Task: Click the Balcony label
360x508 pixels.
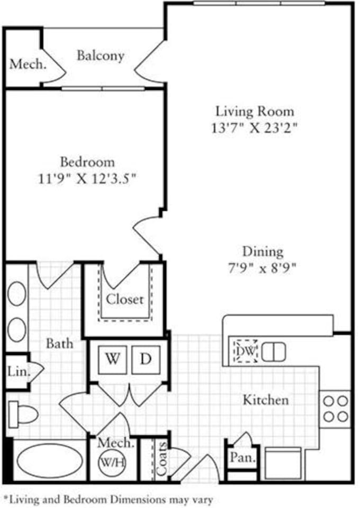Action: click(x=101, y=56)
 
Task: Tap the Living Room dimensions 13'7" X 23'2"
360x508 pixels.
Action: click(x=254, y=128)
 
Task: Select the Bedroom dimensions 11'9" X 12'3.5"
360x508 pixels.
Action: click(x=87, y=178)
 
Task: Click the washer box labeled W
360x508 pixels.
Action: click(x=111, y=359)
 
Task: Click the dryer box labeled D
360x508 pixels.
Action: click(x=145, y=359)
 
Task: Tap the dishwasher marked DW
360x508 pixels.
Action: click(x=246, y=351)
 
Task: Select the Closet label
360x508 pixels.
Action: click(x=124, y=300)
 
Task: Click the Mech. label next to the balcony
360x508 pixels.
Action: click(x=28, y=65)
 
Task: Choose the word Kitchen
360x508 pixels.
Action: click(x=266, y=400)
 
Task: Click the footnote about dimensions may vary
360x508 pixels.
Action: click(x=108, y=498)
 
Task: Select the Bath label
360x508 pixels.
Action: click(x=59, y=343)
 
